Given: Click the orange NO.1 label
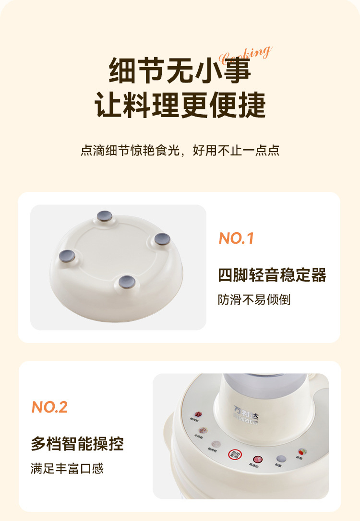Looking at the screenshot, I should [x=236, y=238].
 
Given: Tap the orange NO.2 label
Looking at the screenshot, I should [x=49, y=407].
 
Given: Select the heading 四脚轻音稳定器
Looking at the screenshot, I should [x=272, y=275].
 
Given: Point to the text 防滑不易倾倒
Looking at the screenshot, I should [x=254, y=300].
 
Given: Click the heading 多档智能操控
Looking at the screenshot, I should [x=77, y=444].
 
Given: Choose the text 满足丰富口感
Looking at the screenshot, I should [x=67, y=468].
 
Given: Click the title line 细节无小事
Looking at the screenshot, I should [x=180, y=70].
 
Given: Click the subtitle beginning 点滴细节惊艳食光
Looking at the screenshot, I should [x=180, y=151].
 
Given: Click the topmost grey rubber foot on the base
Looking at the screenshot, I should [x=103, y=216].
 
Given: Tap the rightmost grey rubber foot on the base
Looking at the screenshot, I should [x=162, y=238].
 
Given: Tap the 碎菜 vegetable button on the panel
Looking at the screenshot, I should [x=302, y=452].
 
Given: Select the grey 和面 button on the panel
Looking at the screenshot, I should [x=279, y=459].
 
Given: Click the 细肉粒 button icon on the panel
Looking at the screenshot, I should [x=198, y=414].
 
